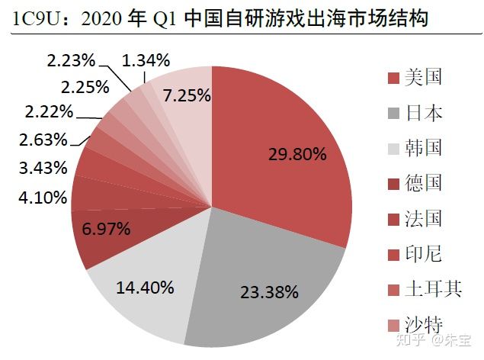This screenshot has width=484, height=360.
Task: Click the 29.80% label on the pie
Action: (x=297, y=155)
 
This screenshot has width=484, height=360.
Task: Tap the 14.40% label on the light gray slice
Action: (x=145, y=288)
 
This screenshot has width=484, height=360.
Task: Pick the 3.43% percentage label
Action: (x=43, y=166)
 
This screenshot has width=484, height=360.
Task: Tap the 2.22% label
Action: (x=49, y=112)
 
